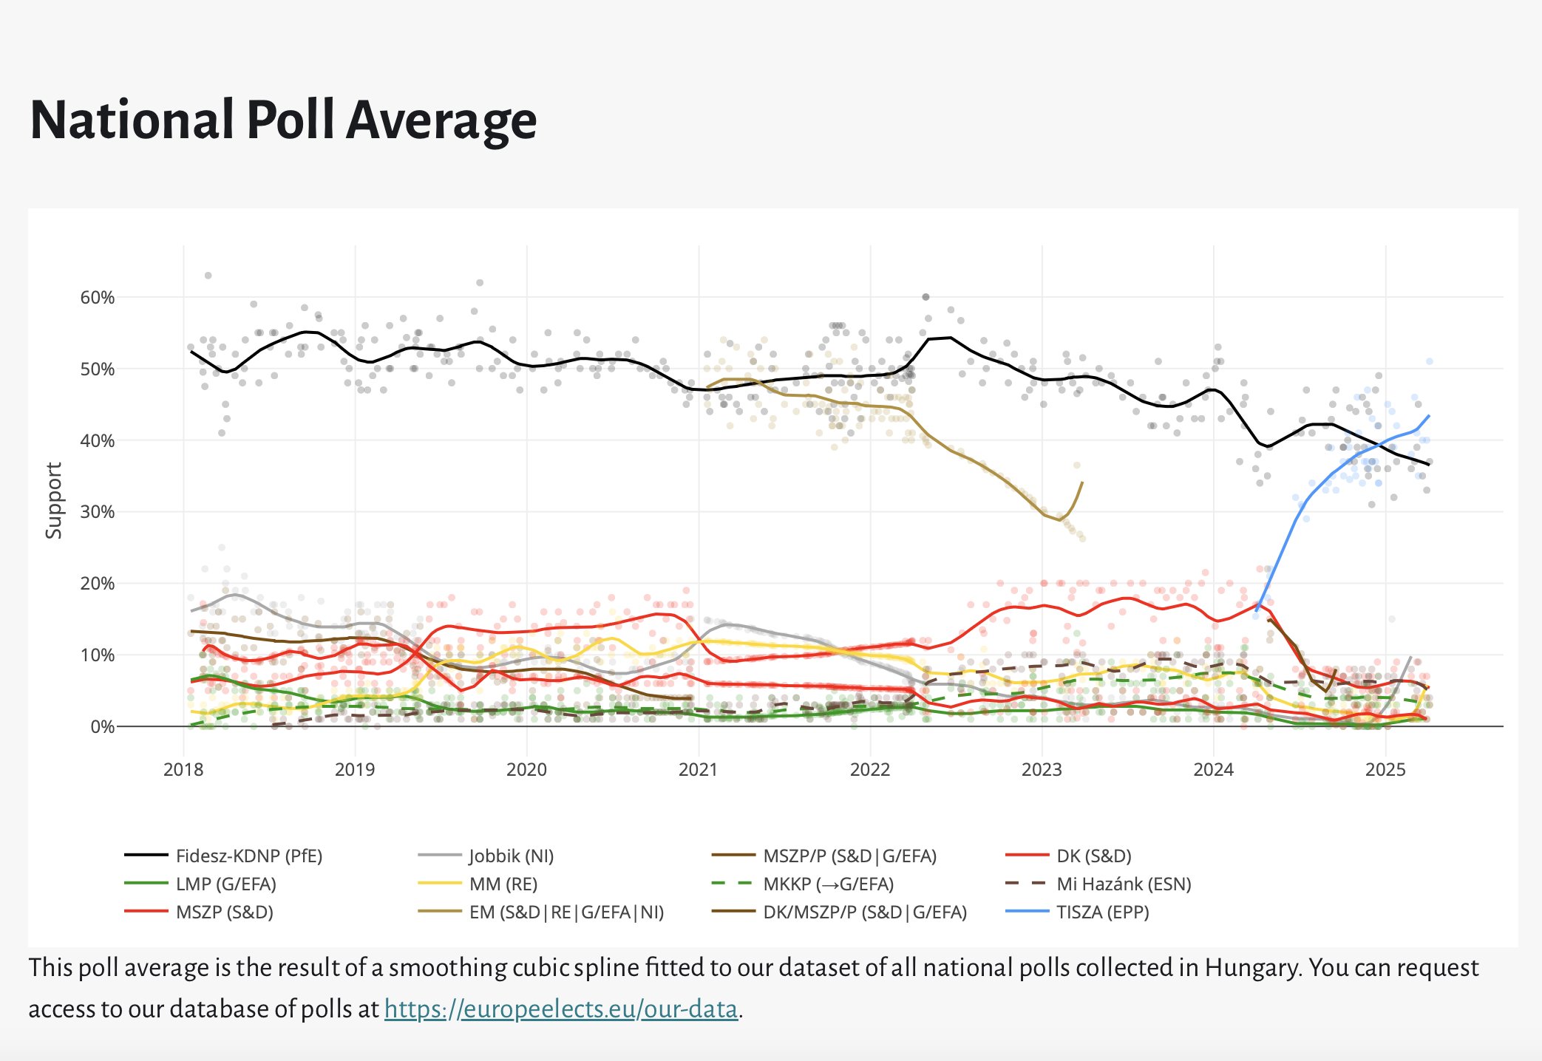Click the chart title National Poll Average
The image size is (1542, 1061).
283,120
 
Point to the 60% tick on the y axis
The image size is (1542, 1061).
98,298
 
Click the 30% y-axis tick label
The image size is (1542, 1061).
98,512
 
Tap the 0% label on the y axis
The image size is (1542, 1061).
102,727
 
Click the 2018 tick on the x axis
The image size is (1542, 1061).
183,770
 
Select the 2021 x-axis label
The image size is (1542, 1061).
698,770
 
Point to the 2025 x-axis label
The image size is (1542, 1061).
1385,770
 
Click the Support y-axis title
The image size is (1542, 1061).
54,500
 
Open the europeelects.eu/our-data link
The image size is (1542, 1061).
561,1009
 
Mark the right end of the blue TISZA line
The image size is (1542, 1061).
1429,416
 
